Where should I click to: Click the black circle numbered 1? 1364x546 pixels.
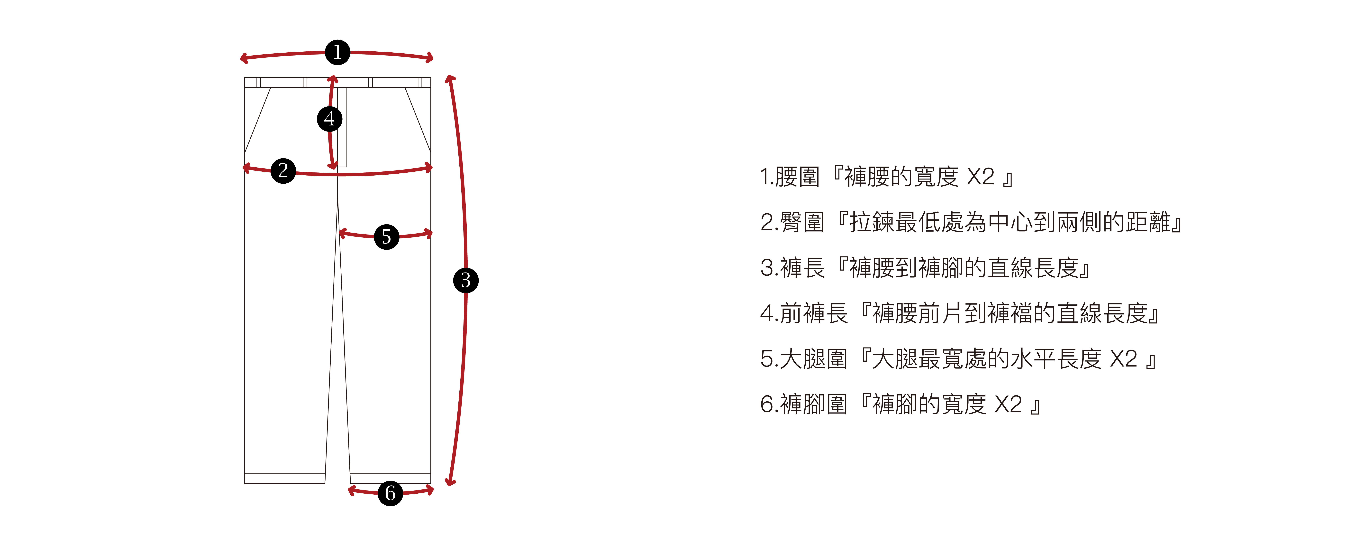(x=337, y=52)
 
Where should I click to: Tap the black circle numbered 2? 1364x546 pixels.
(x=283, y=170)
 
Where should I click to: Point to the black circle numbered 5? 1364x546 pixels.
(x=387, y=237)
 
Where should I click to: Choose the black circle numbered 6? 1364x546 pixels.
(x=390, y=493)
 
